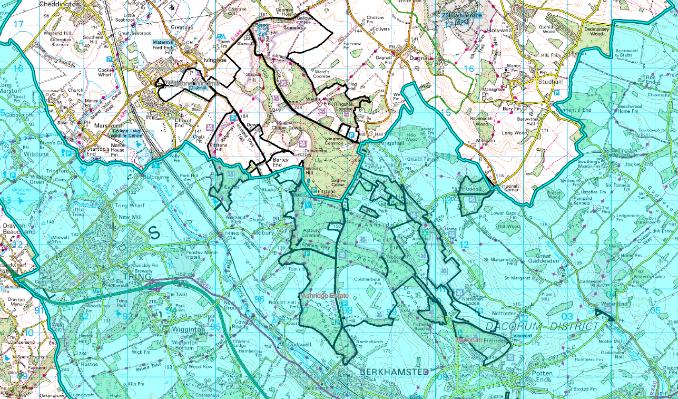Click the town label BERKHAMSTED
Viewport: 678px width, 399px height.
[394, 372]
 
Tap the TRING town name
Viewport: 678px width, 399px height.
[135, 276]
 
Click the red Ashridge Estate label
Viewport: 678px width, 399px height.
[322, 296]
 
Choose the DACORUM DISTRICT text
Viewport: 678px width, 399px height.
[542, 326]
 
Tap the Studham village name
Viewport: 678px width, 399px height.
[551, 82]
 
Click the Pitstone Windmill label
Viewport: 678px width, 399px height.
[181, 84]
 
